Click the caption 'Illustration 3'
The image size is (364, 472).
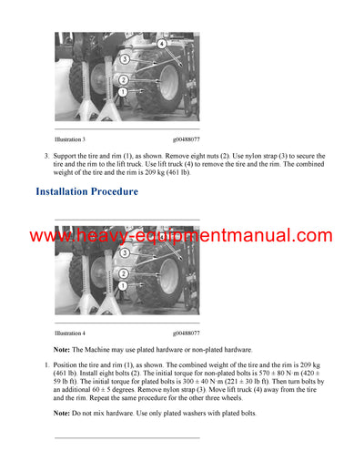point(70,139)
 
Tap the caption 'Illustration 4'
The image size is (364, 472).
point(70,333)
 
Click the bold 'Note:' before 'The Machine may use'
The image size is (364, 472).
point(64,350)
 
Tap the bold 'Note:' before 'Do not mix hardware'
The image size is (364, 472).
point(64,414)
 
